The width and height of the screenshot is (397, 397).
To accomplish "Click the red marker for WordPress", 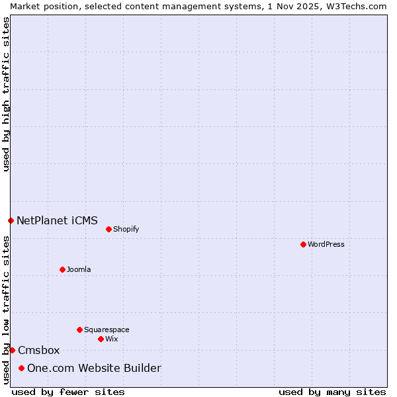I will click(x=303, y=244).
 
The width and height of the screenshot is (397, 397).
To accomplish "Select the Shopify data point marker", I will click(x=109, y=229).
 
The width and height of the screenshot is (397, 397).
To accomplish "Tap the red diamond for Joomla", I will click(x=62, y=269).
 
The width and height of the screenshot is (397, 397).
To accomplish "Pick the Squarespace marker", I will click(x=79, y=330).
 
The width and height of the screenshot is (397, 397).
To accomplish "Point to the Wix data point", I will click(x=101, y=339).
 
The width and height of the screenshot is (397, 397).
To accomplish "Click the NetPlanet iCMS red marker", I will click(x=11, y=220).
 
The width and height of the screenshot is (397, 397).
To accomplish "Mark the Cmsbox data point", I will click(x=12, y=350).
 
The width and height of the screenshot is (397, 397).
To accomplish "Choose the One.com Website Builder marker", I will click(x=21, y=368).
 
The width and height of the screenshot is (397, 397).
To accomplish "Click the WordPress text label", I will click(x=326, y=244).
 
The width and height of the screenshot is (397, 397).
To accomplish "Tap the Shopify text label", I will click(x=126, y=229).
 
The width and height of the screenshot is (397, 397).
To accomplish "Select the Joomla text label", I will click(x=79, y=269).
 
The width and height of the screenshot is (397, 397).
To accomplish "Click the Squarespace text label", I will click(x=107, y=330).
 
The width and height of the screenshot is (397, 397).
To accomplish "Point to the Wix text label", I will click(x=111, y=339).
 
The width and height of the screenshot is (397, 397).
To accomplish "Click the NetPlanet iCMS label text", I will click(x=57, y=220).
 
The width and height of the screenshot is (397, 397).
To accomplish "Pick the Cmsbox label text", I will click(x=39, y=350).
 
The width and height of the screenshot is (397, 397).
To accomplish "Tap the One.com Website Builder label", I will click(x=94, y=368).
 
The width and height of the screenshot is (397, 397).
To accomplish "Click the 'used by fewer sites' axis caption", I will click(x=68, y=392).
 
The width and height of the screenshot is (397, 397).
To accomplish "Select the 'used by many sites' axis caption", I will click(x=332, y=392).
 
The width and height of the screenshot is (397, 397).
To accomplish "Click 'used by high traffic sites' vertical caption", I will click(x=6, y=94).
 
